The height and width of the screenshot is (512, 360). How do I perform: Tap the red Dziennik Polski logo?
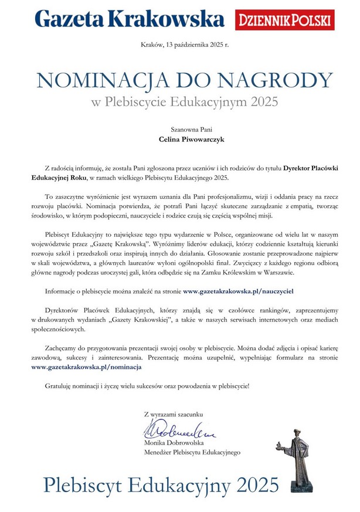[284, 20]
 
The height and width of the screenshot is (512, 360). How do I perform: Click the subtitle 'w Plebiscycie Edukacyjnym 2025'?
[179, 101]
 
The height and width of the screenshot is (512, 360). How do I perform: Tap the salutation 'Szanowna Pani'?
[179, 128]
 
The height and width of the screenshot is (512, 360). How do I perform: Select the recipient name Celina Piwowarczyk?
[179, 140]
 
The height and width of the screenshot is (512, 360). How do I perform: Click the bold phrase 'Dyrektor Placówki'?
[314, 168]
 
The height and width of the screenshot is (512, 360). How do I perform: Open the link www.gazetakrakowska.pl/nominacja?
[86, 366]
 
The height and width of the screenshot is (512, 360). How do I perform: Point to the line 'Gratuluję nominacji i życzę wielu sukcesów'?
[147, 386]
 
